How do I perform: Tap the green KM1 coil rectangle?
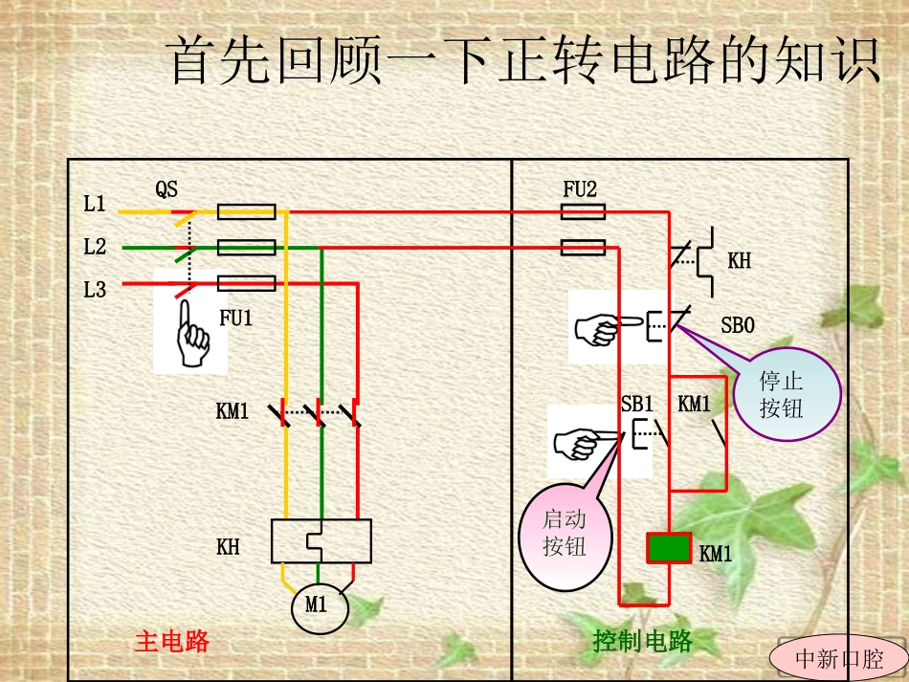669,548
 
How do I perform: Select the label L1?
95,204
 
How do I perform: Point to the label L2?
95,247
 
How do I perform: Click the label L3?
95,290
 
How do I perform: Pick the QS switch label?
166,189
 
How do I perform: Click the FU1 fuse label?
236,319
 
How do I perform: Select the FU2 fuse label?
580,189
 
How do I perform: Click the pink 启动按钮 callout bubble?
565,534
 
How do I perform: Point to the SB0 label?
738,326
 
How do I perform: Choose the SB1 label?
636,404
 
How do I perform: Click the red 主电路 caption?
172,641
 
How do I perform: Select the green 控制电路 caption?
642,641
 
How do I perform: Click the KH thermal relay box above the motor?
321,540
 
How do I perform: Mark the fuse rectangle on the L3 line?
247,283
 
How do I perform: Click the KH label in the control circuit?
739,261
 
